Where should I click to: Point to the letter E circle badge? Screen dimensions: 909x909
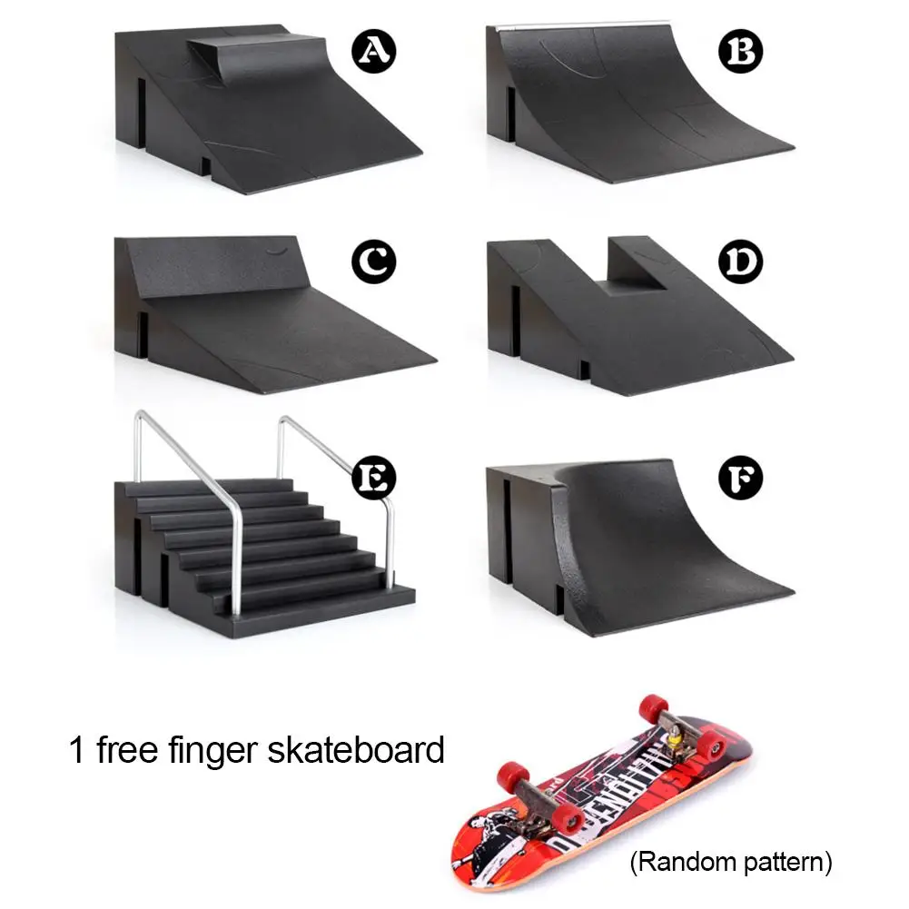(373, 475)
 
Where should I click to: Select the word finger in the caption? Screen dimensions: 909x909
(219, 751)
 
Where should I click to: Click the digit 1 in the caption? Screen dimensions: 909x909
(76, 751)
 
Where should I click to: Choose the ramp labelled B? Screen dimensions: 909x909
(636, 100)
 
